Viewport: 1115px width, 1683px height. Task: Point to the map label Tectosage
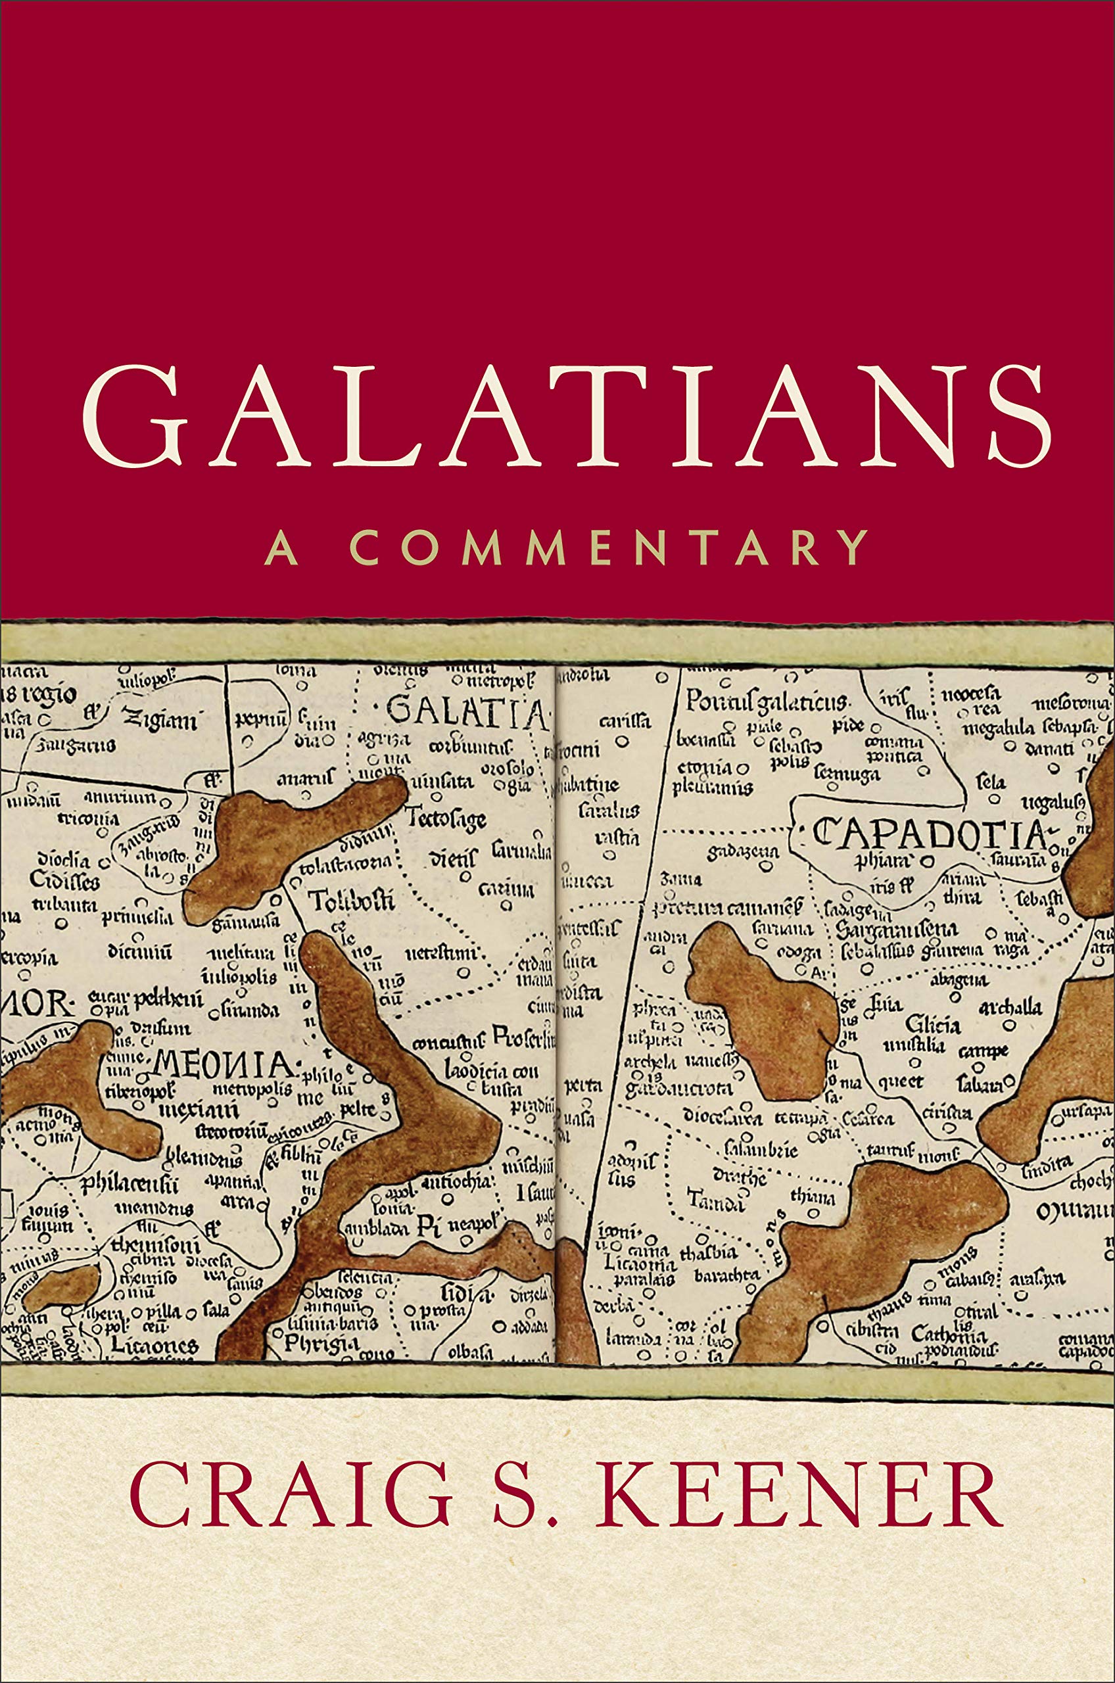pyautogui.click(x=446, y=818)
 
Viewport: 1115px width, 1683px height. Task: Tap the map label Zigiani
pyautogui.click(x=160, y=721)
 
